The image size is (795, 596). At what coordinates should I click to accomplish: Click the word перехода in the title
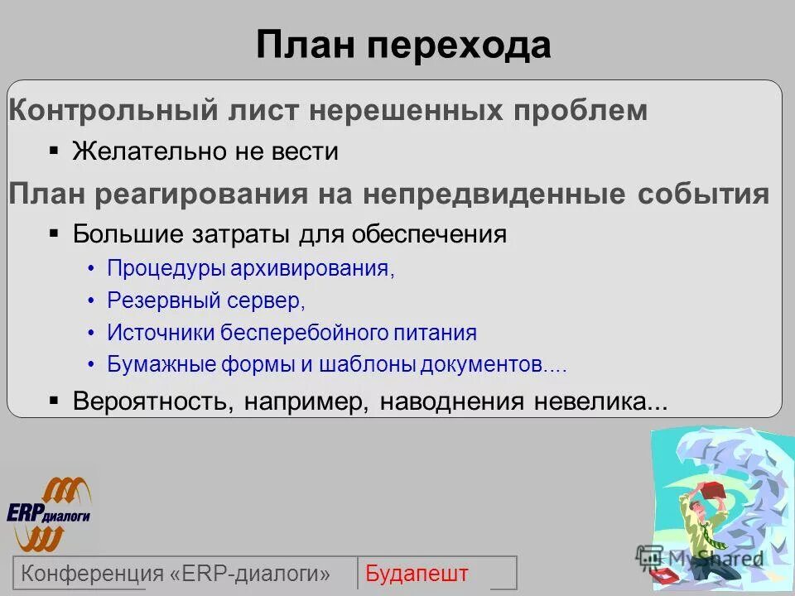(460, 46)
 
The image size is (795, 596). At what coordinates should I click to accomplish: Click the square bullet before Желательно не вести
(54, 151)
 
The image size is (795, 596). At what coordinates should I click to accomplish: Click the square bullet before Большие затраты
(54, 233)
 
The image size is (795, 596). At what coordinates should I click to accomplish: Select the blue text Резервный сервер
(206, 301)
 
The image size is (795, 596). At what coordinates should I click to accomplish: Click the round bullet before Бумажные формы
(91, 364)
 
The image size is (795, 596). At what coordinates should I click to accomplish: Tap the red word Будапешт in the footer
(417, 573)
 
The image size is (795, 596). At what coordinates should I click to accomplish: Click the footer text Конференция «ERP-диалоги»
(176, 573)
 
